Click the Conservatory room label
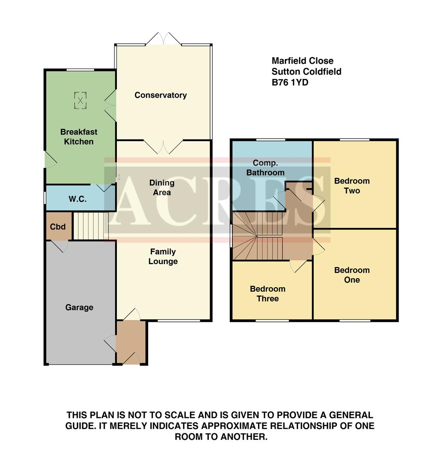[160, 95]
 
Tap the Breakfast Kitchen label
[79, 137]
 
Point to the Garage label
[79, 307]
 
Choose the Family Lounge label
[163, 256]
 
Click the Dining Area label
[162, 188]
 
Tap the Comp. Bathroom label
[268, 168]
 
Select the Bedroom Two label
[352, 186]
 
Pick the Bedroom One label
[352, 275]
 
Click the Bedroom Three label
[268, 294]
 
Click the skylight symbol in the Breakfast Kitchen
[80, 100]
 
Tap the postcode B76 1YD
[290, 83]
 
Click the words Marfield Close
[302, 61]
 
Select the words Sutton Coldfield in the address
[306, 72]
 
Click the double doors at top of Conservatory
[163, 39]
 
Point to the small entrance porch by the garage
[131, 343]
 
